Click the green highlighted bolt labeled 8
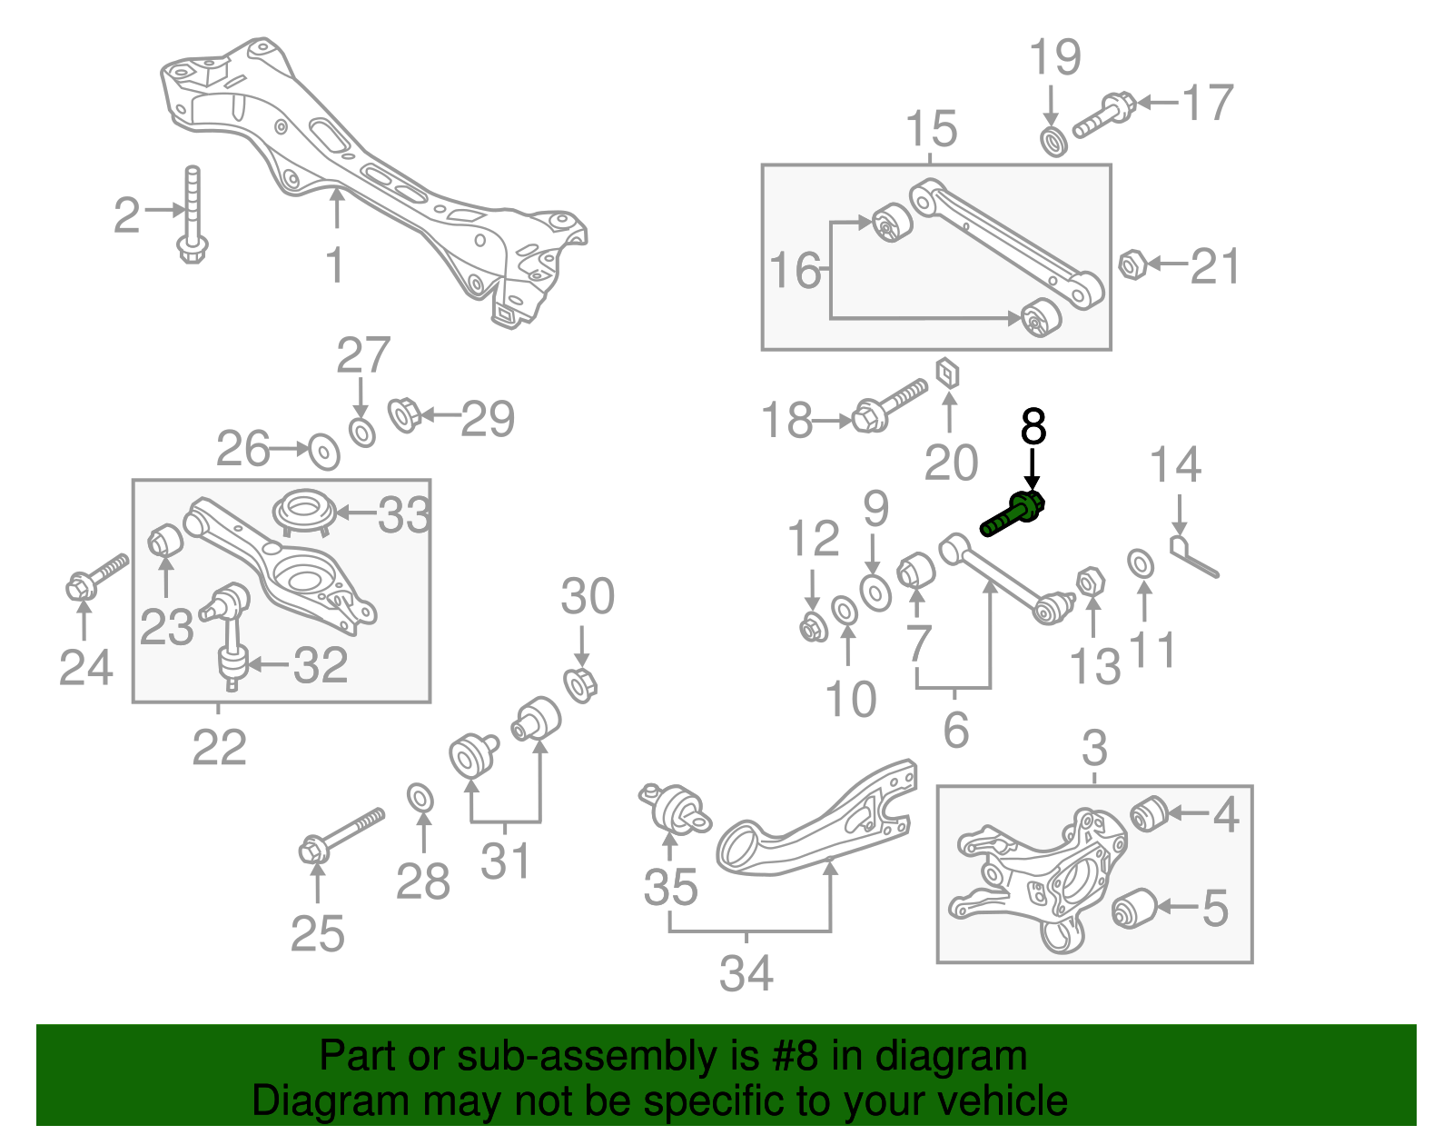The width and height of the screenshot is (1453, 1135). pyautogui.click(x=1013, y=514)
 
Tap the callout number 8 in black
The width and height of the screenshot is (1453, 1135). pyautogui.click(x=1033, y=426)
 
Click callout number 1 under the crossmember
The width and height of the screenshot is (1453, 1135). pyautogui.click(x=335, y=264)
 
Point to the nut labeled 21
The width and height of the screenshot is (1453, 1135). pyautogui.click(x=1132, y=265)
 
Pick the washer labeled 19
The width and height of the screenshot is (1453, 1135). pyautogui.click(x=1053, y=142)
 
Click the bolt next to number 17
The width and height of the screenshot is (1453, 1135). pyautogui.click(x=1104, y=114)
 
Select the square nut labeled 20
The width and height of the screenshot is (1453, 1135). pyautogui.click(x=948, y=373)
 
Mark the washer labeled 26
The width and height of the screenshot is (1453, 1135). pyautogui.click(x=323, y=451)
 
